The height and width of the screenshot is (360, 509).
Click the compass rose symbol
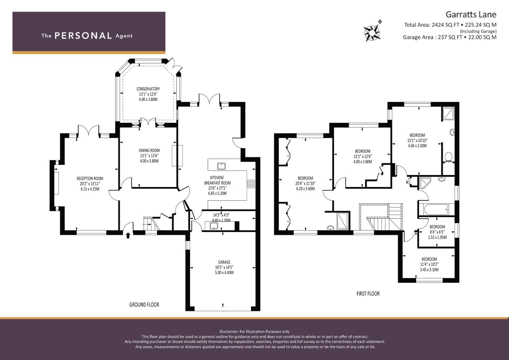point(372,33)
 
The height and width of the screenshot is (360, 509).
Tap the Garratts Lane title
point(471,15)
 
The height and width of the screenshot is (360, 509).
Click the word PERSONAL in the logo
point(83,36)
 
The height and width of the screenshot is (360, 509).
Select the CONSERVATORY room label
point(148,89)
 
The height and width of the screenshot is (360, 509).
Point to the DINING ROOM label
point(149,150)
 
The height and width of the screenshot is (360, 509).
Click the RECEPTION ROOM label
point(90,179)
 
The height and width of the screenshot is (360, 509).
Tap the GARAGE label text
point(224,262)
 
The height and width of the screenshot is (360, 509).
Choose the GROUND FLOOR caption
point(144,305)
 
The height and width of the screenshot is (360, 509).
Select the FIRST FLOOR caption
point(368,294)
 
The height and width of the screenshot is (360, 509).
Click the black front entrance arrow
point(128,235)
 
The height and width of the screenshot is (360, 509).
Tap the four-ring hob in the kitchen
point(251,184)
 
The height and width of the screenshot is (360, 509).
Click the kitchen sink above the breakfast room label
point(221,166)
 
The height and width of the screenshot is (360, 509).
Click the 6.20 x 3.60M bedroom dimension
point(305,189)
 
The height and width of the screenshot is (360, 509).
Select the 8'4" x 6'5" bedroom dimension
point(437,232)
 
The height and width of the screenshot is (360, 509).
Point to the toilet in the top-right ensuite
point(448,157)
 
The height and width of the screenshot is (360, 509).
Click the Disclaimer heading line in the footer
point(255,332)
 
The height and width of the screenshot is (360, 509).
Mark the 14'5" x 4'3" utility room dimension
point(221,215)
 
